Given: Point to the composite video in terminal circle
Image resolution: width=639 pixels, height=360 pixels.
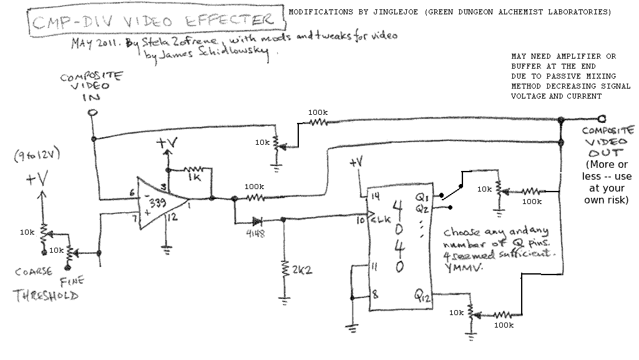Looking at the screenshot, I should click(x=92, y=113).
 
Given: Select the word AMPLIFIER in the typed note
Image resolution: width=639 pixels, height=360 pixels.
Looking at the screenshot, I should click(x=566, y=56).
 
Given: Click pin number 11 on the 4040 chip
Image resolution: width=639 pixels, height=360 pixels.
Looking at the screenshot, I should click(x=375, y=266).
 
